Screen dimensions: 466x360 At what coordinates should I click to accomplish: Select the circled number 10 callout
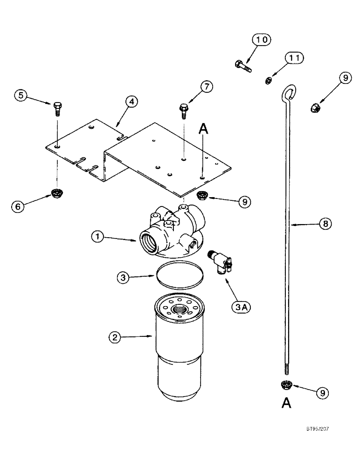click(x=262, y=41)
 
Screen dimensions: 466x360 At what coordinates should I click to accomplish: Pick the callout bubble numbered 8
click(x=325, y=224)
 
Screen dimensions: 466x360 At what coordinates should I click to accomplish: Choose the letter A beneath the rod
click(x=286, y=403)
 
